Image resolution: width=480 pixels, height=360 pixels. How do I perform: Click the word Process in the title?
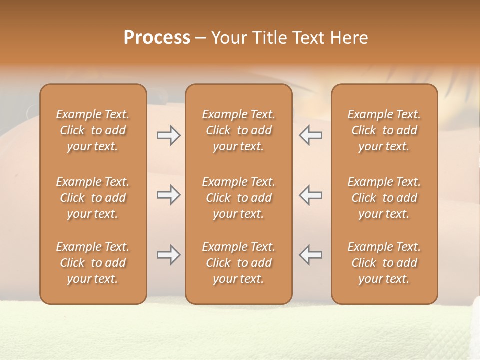click(x=157, y=38)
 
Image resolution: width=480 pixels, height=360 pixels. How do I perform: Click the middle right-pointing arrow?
click(x=169, y=195)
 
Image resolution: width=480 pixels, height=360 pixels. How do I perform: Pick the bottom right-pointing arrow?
click(x=169, y=255)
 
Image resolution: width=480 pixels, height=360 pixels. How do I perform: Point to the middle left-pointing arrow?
click(x=310, y=195)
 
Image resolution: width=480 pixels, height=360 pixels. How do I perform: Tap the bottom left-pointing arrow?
click(x=310, y=255)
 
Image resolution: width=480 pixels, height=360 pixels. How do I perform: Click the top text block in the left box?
click(x=93, y=130)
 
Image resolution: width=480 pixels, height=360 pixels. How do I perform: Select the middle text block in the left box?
click(x=93, y=198)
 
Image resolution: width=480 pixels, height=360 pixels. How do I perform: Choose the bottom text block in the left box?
click(x=93, y=263)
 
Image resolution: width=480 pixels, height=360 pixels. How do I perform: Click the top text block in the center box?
click(x=238, y=130)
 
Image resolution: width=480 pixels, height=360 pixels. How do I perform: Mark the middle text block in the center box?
click(x=238, y=198)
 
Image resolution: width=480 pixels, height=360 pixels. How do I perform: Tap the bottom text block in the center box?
click(x=238, y=263)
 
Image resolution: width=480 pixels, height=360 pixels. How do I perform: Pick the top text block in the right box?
click(x=384, y=130)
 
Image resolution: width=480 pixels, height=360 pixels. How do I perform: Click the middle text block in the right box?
click(x=384, y=198)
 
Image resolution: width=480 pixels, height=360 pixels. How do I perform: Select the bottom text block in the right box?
click(x=384, y=263)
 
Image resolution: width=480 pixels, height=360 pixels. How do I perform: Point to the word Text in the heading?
click(x=309, y=38)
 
